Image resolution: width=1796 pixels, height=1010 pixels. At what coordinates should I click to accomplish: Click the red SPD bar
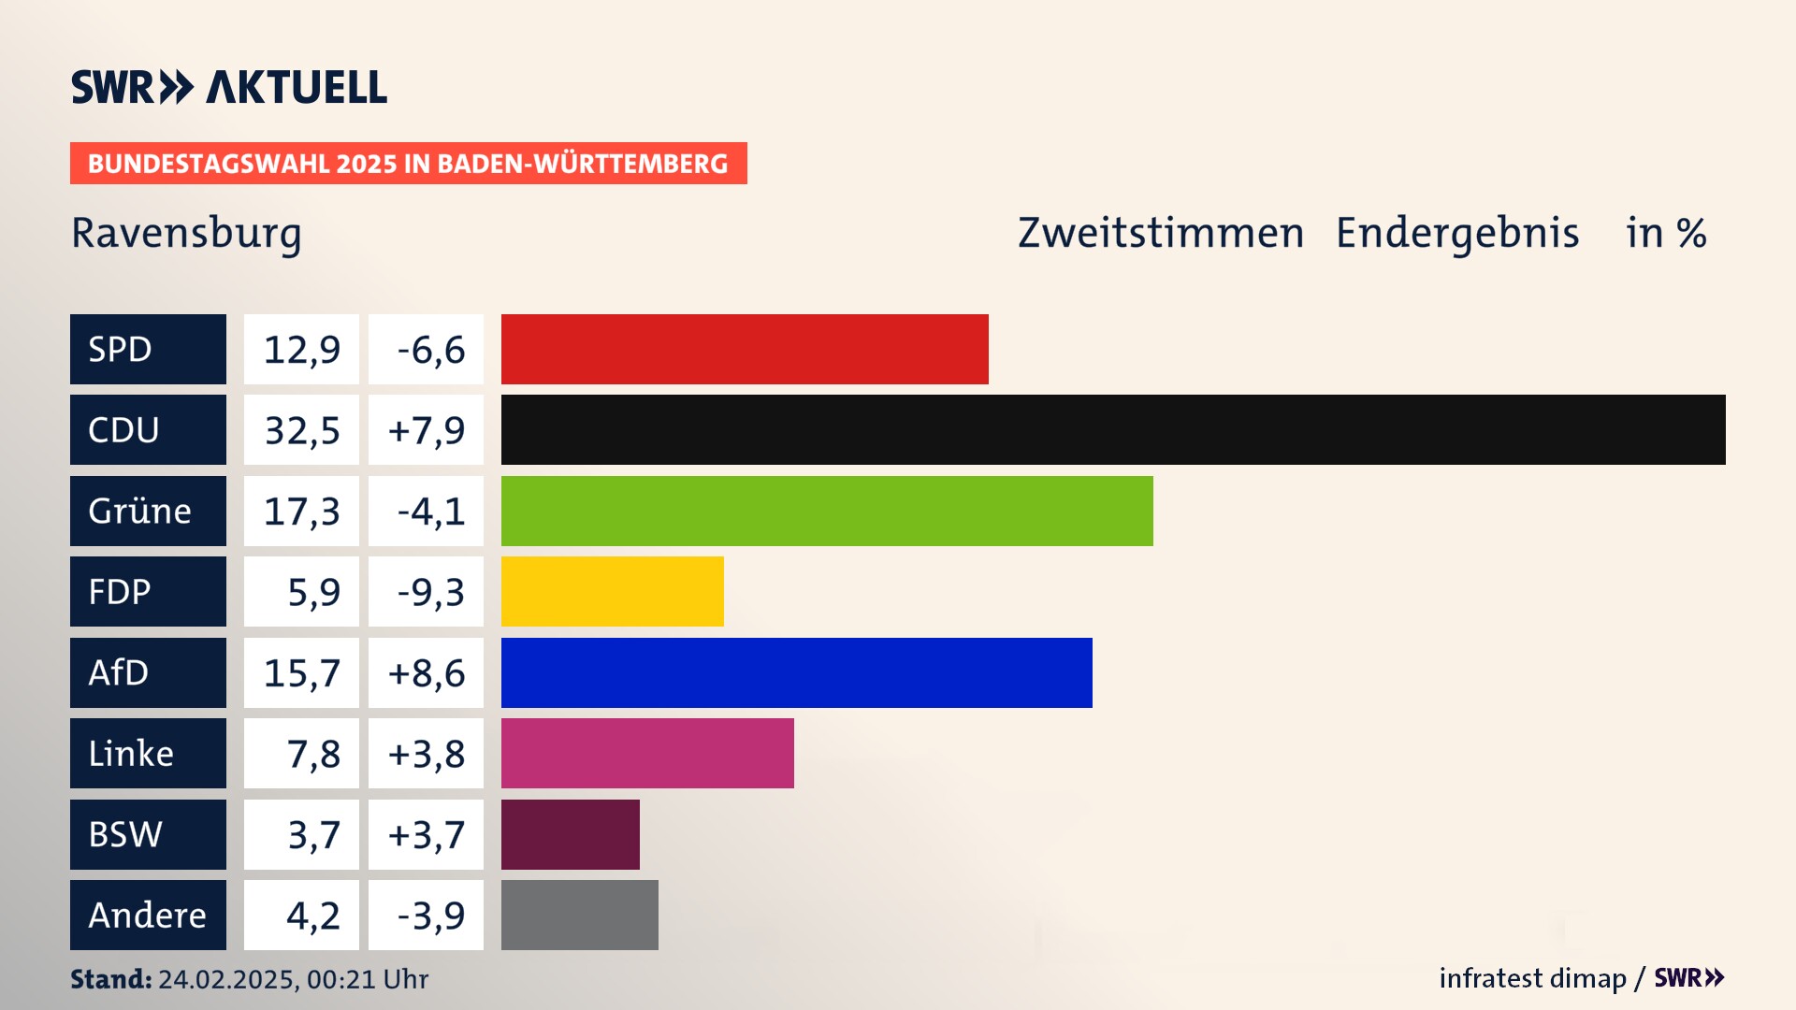pyautogui.click(x=745, y=349)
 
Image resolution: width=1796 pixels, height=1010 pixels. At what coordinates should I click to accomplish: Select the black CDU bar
pyautogui.click(x=1113, y=430)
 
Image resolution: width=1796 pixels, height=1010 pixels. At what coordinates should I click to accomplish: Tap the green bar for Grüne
pyautogui.click(x=827, y=511)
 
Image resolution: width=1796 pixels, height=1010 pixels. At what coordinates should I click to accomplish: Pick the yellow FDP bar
pyautogui.click(x=613, y=592)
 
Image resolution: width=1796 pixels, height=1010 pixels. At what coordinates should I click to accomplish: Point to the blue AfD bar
pyautogui.click(x=797, y=672)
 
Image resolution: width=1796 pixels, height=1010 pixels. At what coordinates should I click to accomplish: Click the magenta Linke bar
pyautogui.click(x=647, y=754)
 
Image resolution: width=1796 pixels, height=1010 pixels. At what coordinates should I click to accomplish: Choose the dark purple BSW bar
pyautogui.click(x=571, y=834)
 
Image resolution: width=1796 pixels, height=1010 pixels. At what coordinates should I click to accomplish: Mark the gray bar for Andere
pyautogui.click(x=580, y=915)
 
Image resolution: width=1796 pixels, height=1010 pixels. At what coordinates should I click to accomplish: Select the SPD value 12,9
pyautogui.click(x=301, y=350)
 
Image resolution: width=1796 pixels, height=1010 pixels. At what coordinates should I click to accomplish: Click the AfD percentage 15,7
pyautogui.click(x=301, y=673)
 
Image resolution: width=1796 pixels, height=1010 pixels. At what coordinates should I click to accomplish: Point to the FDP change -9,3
pyautogui.click(x=430, y=592)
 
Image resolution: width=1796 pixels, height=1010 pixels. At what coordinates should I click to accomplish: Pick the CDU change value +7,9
pyautogui.click(x=427, y=430)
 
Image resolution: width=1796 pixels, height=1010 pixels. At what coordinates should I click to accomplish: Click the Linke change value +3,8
pyautogui.click(x=427, y=754)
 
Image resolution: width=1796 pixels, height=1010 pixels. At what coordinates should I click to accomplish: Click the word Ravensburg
pyautogui.click(x=186, y=233)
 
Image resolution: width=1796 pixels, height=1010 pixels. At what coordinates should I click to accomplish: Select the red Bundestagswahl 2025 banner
pyautogui.click(x=408, y=164)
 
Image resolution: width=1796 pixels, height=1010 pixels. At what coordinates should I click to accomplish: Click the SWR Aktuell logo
pyautogui.click(x=229, y=87)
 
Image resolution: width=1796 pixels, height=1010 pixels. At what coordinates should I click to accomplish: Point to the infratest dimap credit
pyautogui.click(x=1532, y=978)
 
